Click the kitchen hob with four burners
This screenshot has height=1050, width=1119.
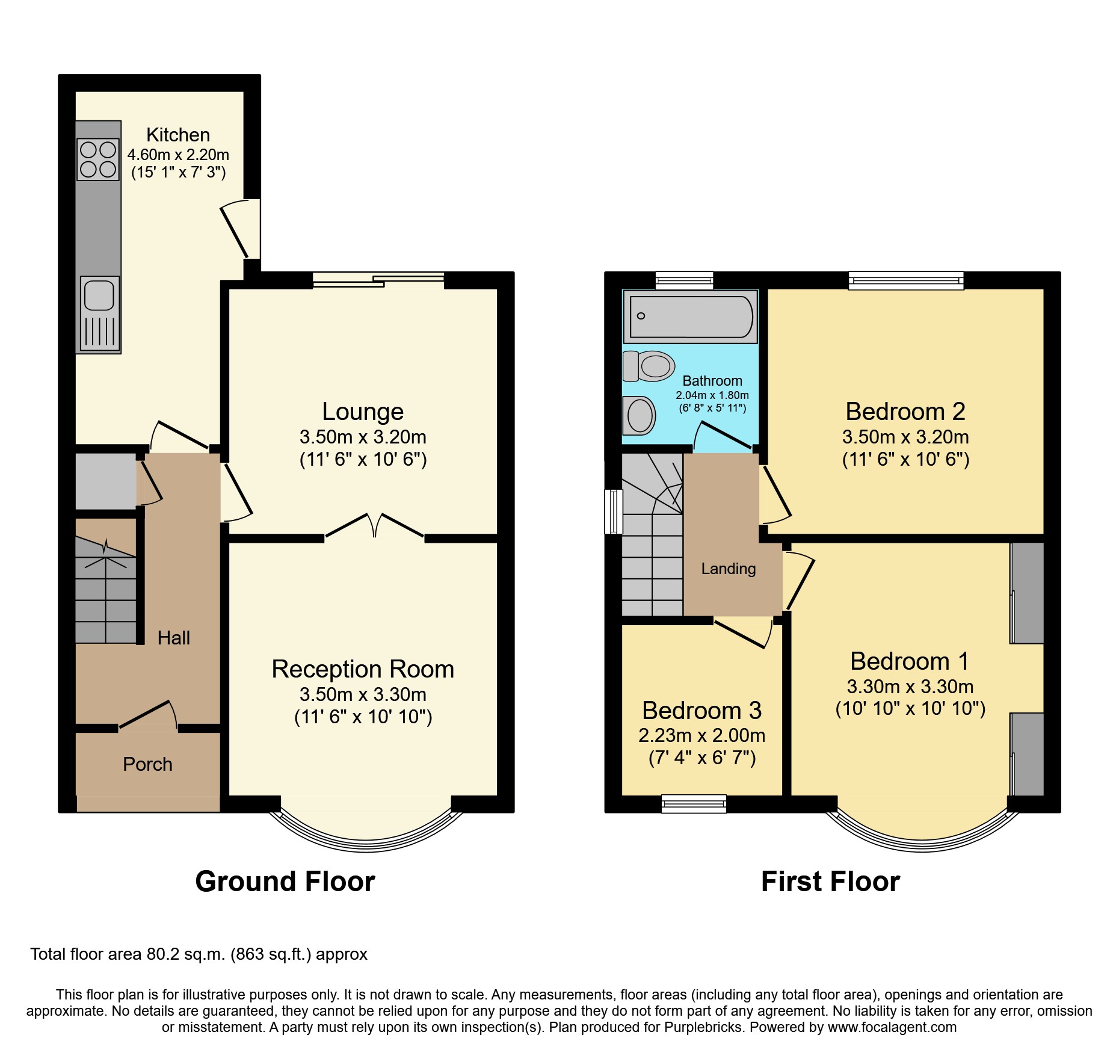point(98,159)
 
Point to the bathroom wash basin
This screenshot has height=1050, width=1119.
point(639,415)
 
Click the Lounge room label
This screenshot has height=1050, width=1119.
point(363,412)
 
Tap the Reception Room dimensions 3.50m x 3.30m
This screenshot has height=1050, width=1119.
point(363,694)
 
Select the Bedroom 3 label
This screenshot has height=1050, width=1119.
point(701,711)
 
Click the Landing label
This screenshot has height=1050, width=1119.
point(728,569)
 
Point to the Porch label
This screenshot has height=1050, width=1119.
point(147,764)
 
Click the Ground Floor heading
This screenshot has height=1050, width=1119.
point(285,882)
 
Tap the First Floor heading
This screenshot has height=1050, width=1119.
point(830,882)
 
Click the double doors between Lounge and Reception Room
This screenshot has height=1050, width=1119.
point(374,526)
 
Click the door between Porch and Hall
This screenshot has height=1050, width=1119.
point(148,716)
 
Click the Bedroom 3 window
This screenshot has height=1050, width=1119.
point(694,804)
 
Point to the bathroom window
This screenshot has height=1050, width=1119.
point(684,280)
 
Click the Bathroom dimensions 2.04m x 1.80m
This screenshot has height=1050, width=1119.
point(712,395)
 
